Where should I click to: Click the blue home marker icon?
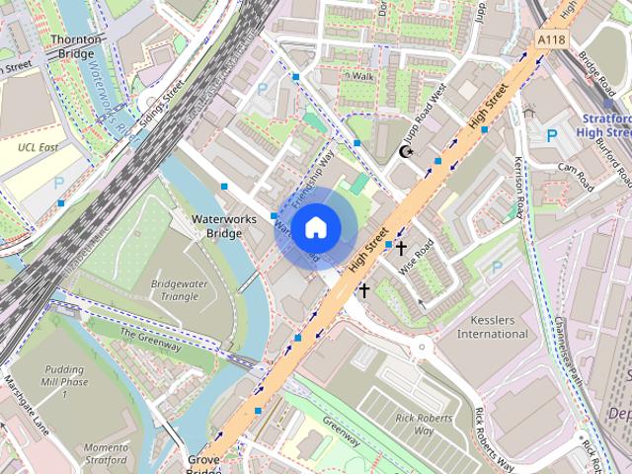click(x=314, y=228)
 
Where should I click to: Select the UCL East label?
click(x=39, y=147)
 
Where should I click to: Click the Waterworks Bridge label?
click(x=216, y=225)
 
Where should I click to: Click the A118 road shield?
click(x=553, y=38)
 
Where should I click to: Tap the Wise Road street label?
click(x=417, y=259)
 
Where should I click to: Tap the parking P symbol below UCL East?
click(x=58, y=183)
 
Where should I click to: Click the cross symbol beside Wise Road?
click(x=401, y=247)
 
